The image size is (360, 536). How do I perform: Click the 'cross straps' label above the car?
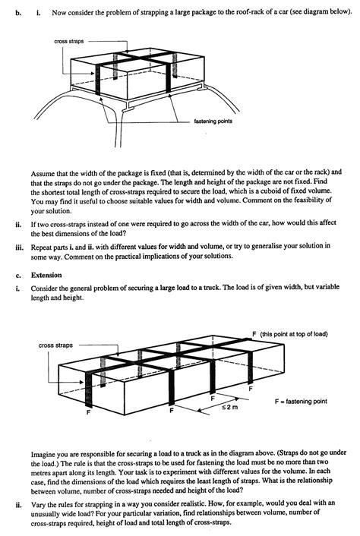pos(68,41)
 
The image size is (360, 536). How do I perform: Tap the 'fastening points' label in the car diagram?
pos(213,121)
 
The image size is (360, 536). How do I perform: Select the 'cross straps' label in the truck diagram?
pos(55,345)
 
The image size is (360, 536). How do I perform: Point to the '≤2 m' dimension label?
pos(229,407)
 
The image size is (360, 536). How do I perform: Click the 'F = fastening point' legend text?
pos(301,402)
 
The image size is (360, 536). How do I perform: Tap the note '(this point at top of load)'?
pos(294,334)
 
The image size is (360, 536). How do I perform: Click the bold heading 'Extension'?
pos(46,275)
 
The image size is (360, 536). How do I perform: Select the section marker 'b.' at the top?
pos(17,13)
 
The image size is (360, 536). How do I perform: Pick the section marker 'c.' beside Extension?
pos(17,276)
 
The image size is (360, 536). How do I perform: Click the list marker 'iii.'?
pos(19,247)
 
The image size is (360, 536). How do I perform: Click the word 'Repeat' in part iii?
pos(41,248)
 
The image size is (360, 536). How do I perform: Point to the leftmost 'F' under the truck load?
pos(88,412)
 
